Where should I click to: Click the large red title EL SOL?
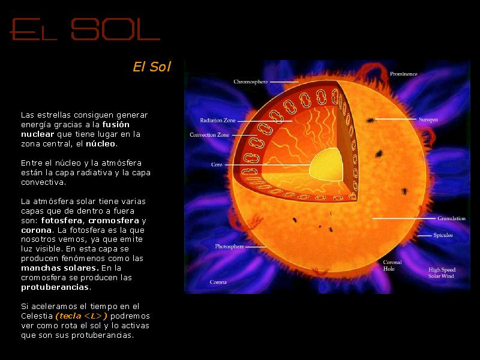point(85,29)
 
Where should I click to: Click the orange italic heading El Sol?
point(152,67)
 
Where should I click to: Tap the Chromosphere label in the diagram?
point(250,82)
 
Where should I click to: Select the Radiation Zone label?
point(218,121)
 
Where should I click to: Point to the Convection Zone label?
point(209,134)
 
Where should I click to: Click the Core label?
point(217,164)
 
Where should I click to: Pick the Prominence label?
point(403,74)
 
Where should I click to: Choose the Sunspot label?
point(428,119)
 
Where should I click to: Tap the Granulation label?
point(451,218)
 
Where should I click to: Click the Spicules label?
point(443,235)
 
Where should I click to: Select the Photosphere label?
point(229,247)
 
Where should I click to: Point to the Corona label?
point(218,282)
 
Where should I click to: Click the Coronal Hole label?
point(392,265)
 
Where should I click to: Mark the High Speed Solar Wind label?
point(442,273)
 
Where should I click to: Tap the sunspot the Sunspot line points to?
point(370,121)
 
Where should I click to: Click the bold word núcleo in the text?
point(100,143)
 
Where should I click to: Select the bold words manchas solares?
point(59,268)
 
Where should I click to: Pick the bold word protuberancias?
point(55,287)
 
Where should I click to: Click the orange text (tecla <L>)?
point(82,316)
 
